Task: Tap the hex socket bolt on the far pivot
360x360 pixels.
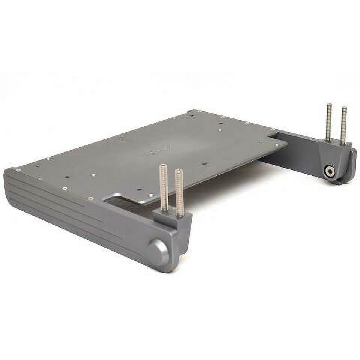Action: (x=329, y=172)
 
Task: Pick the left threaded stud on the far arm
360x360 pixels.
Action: (x=329, y=122)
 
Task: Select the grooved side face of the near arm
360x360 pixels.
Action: (x=75, y=214)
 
